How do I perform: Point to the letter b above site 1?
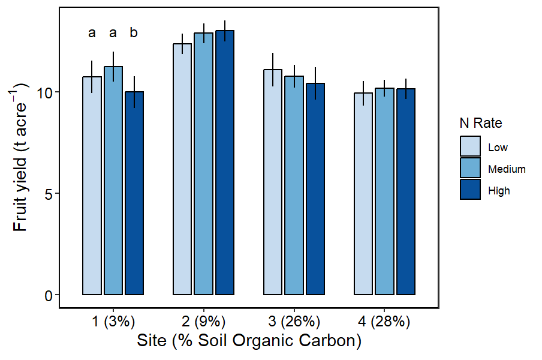[134, 33]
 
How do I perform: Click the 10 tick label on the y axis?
[45, 92]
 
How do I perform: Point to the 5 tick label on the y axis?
[49, 194]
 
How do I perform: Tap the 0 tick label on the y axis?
[49, 295]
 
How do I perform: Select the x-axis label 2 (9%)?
[204, 322]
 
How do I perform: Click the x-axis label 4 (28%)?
[385, 322]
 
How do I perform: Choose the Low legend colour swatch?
[470, 146]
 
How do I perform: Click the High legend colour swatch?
[470, 190]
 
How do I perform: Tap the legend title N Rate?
[480, 124]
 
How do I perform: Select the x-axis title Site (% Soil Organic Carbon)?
[249, 341]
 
